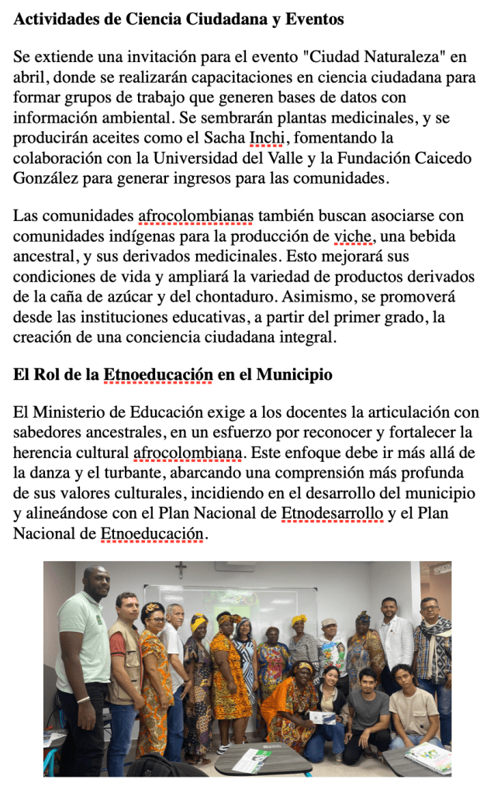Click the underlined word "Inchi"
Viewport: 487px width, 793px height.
(x=268, y=138)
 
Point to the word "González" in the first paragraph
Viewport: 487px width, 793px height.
(x=45, y=178)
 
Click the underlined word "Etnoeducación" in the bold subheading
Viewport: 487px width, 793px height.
(x=158, y=375)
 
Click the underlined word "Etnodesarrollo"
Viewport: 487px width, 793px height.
(x=332, y=513)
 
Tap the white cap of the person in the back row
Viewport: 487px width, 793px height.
(x=329, y=622)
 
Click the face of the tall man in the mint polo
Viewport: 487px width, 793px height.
(x=96, y=583)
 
